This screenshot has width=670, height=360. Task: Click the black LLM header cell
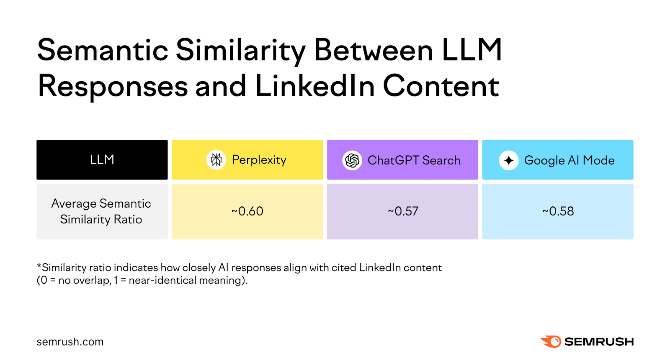(102, 159)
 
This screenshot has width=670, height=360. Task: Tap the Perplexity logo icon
(216, 159)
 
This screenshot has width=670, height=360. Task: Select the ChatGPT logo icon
(352, 160)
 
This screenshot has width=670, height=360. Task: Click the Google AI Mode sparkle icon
(508, 160)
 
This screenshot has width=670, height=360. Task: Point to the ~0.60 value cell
(247, 211)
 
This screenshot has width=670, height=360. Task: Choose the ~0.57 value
(403, 211)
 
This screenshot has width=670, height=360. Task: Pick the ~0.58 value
(558, 211)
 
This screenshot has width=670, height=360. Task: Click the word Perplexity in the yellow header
(259, 160)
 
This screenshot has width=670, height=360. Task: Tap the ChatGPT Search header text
(414, 160)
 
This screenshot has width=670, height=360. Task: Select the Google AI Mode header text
(569, 160)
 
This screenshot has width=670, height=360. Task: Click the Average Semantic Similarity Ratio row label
(101, 211)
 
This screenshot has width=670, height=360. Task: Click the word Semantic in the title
(103, 50)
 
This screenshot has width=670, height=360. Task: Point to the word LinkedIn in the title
(314, 86)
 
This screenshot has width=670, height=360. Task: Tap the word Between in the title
(373, 50)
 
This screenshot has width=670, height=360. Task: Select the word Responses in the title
(113, 86)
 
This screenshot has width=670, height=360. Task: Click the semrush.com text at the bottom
(70, 342)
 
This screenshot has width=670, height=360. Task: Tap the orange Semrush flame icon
(551, 342)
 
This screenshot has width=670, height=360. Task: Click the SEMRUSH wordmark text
(599, 342)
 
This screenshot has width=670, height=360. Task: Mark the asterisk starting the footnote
(39, 266)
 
